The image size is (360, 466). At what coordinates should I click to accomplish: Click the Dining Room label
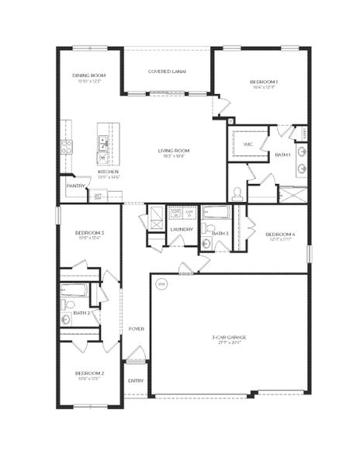pyautogui.click(x=88, y=75)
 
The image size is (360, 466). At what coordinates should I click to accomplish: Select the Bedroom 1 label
pyautogui.click(x=264, y=82)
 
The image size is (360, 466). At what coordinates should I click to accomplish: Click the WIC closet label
pyautogui.click(x=248, y=144)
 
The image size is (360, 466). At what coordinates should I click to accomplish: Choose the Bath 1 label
pyautogui.click(x=282, y=155)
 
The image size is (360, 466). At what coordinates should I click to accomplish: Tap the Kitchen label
pyautogui.click(x=108, y=172)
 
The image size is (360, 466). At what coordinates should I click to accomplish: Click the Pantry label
pyautogui.click(x=75, y=186)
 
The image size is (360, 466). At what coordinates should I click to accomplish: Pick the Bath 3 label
pyautogui.click(x=220, y=233)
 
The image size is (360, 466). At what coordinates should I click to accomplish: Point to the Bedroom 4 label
pyautogui.click(x=279, y=234)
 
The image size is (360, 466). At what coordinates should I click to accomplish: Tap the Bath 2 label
pyautogui.click(x=82, y=313)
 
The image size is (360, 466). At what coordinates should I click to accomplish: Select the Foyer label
pyautogui.click(x=136, y=329)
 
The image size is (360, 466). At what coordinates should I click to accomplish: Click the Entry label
pyautogui.click(x=136, y=381)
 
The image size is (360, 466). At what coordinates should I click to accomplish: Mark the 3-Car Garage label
pyautogui.click(x=230, y=337)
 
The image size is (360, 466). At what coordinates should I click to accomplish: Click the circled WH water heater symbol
pyautogui.click(x=162, y=285)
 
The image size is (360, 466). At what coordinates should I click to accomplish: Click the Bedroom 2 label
pyautogui.click(x=89, y=374)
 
